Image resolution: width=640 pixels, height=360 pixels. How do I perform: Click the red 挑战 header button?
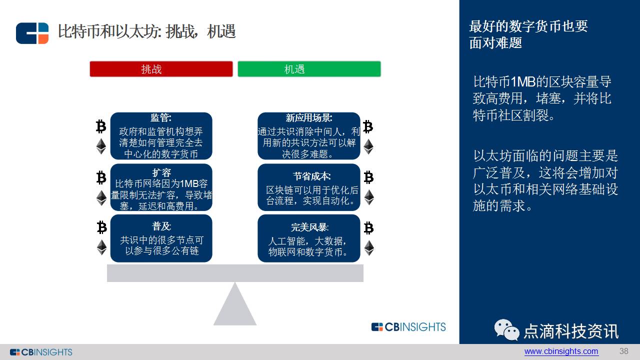click(161, 69)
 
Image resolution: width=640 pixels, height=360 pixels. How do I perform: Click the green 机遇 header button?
click(309, 69)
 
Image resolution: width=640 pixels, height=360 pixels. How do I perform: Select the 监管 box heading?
click(161, 118)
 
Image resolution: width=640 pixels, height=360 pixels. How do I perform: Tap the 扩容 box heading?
click(161, 172)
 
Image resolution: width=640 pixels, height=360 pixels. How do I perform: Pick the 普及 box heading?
click(161, 226)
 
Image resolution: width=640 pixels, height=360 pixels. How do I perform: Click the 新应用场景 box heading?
click(308, 118)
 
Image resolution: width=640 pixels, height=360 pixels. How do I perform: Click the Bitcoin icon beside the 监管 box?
click(101, 126)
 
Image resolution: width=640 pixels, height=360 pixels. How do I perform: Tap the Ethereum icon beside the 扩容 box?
click(101, 198)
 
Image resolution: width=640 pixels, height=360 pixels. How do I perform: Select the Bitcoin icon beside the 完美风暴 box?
click(368, 228)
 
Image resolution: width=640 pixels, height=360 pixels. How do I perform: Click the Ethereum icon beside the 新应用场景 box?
click(368, 147)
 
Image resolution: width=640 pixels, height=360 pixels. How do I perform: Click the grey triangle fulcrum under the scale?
click(235, 307)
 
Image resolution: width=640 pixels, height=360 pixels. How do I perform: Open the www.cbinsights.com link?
click(561, 351)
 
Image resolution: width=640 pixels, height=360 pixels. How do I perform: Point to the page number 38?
click(623, 351)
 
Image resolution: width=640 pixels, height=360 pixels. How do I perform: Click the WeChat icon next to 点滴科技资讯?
click(506, 330)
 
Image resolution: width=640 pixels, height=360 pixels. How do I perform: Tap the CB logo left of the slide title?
click(32, 33)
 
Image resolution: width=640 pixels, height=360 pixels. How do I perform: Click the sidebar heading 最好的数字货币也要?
click(528, 26)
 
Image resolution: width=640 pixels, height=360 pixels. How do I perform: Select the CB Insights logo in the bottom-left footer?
click(41, 352)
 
